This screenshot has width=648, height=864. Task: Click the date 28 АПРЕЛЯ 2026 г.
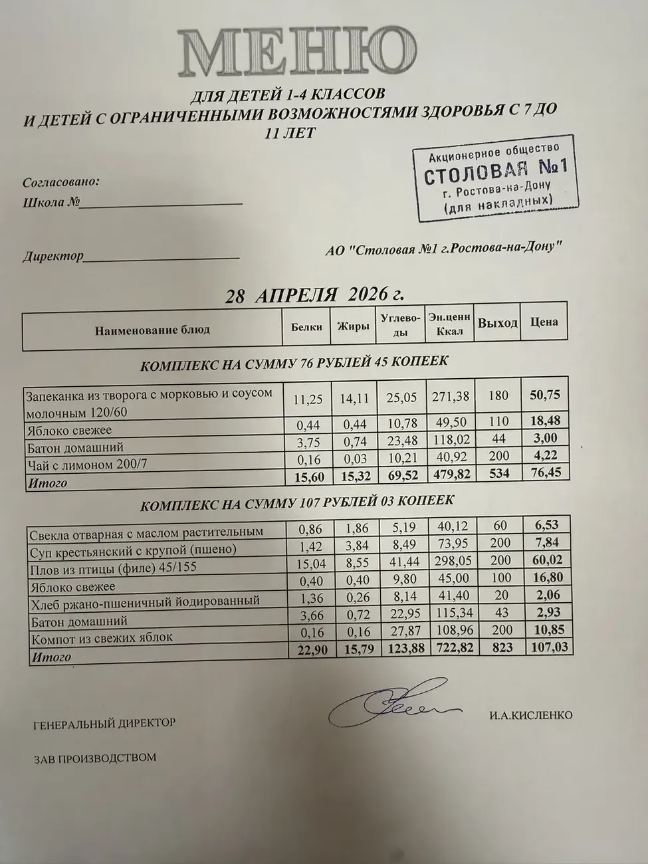coord(314,294)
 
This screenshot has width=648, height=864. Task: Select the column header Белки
coord(306,327)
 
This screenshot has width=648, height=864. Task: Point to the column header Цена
coord(544,322)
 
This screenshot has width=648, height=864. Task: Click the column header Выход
coord(497,323)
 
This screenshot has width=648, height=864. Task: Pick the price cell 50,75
coord(544,395)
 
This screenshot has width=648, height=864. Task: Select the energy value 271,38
coord(450,397)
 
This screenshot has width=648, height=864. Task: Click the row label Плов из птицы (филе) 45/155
coord(113,568)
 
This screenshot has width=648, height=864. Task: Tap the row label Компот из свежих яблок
coord(102,637)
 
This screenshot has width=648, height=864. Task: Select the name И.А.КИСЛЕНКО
coord(530,715)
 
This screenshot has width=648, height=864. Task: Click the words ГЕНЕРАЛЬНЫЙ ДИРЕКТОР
coord(104,722)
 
